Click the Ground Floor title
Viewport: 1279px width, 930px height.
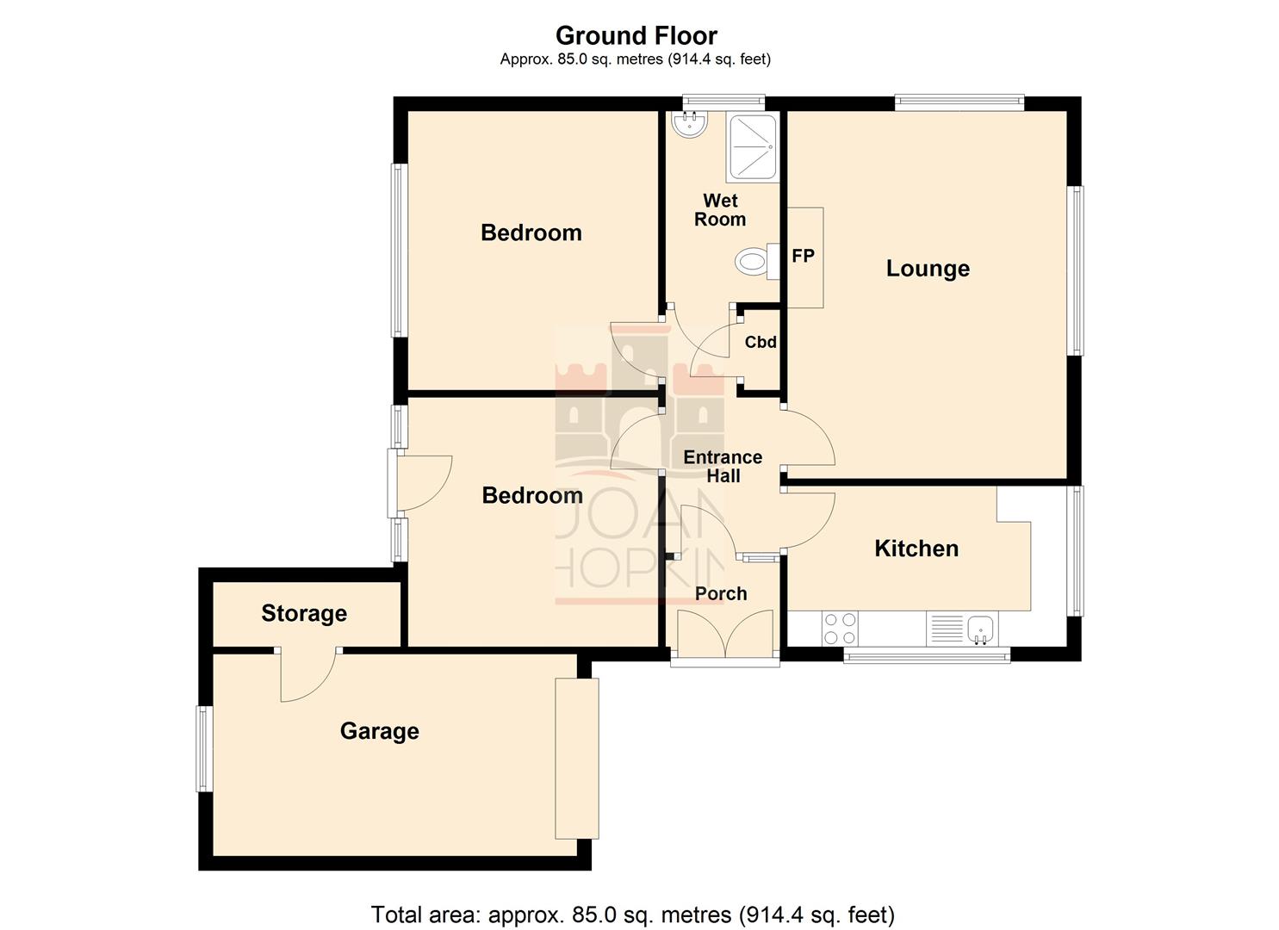[x=636, y=35]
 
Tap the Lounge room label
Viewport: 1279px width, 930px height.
[x=928, y=269]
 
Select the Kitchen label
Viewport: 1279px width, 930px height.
[x=916, y=549]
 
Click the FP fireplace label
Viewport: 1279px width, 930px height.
[x=803, y=256]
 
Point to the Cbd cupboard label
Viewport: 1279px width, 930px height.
[x=761, y=342]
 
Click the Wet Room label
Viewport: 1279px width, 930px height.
[x=720, y=210]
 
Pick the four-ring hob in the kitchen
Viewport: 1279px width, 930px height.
[x=839, y=629]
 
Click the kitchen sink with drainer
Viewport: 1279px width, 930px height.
[x=961, y=629]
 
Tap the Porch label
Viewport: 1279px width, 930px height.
[x=721, y=593]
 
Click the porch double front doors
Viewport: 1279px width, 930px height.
[x=724, y=635]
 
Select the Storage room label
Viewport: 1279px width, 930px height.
[x=304, y=613]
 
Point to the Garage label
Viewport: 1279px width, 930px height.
[x=379, y=731]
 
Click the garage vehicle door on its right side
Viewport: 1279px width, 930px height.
[x=576, y=758]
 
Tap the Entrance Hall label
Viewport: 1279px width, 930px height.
[x=723, y=466]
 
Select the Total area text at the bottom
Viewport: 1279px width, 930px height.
[x=632, y=914]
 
